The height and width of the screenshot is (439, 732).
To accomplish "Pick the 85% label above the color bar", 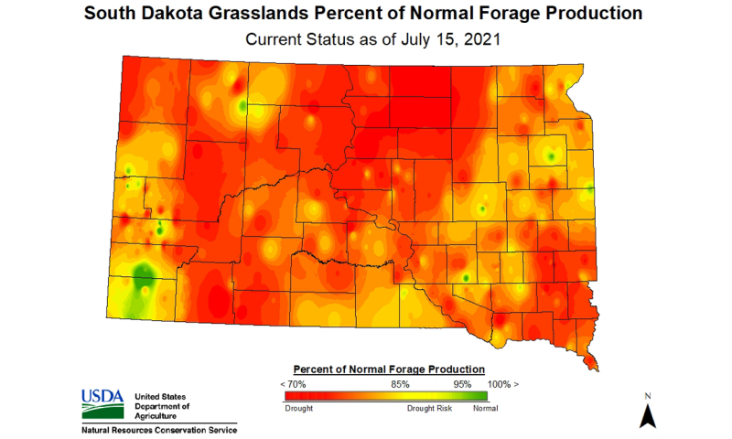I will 400,384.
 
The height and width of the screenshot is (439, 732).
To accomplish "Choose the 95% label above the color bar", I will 461,384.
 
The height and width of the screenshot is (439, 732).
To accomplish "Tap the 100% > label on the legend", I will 502,384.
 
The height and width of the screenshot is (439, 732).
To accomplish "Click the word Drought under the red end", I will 286,408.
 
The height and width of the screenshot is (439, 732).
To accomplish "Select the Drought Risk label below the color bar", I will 427,408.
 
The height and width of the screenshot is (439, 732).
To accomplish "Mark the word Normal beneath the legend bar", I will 485,408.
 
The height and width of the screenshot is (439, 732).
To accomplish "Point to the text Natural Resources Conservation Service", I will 158,429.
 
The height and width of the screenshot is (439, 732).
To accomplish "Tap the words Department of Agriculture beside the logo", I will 162,410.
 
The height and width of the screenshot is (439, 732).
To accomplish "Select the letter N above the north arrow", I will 648,395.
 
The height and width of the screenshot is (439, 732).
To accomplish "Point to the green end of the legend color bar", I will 479,396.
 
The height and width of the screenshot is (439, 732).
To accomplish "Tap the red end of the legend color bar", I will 285,396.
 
